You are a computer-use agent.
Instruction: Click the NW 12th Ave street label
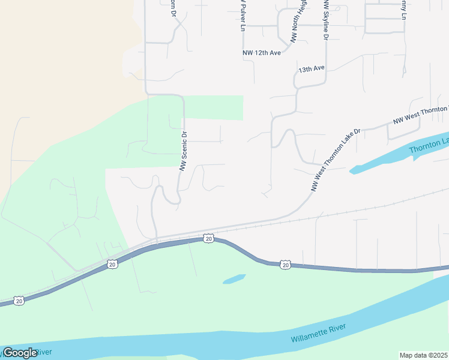pos(262,53)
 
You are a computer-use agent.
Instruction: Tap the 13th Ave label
pos(312,69)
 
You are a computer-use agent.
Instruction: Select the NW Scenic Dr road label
pos(184,151)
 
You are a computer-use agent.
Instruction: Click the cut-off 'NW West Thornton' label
pos(420,115)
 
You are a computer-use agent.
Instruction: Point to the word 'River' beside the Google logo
pos(45,352)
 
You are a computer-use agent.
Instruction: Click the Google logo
pos(20,353)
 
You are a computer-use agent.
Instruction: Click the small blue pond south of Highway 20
pos(234,279)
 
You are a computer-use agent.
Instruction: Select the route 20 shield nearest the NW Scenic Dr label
pos(208,239)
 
